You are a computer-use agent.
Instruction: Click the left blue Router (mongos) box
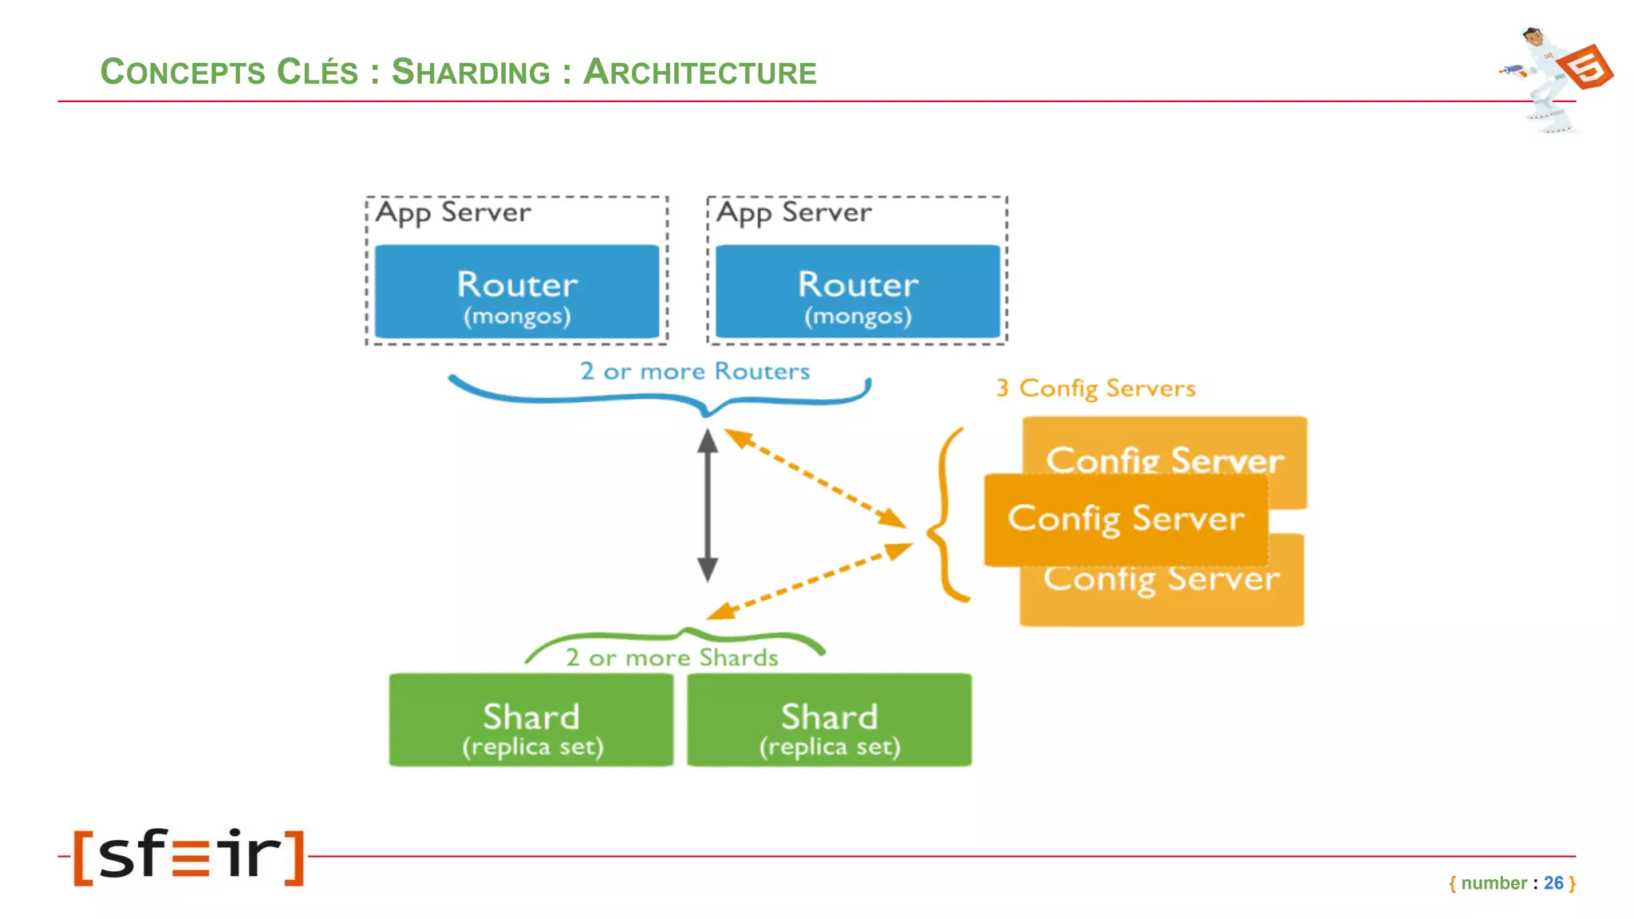click(x=517, y=292)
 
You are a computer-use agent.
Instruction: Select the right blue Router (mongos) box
click(x=858, y=292)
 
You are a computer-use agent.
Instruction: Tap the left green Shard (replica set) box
click(x=531, y=720)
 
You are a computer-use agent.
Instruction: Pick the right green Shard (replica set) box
click(x=829, y=720)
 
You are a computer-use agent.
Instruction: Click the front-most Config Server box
click(x=1126, y=519)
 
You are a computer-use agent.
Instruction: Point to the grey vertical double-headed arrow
click(x=708, y=505)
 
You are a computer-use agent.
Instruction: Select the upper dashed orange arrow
click(x=815, y=478)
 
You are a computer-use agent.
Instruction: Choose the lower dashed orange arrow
click(x=810, y=581)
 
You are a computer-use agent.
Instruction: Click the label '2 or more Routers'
click(x=694, y=371)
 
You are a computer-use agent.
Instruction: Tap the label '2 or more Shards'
click(x=672, y=657)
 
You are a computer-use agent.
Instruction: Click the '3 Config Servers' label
click(x=1095, y=389)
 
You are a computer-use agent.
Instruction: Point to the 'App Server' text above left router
click(x=452, y=212)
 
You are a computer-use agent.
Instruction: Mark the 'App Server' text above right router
click(x=794, y=212)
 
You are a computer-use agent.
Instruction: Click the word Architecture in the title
click(x=700, y=72)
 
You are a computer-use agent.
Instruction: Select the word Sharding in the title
click(x=471, y=72)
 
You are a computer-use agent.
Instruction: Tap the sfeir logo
click(x=189, y=857)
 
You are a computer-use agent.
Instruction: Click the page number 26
click(x=1553, y=883)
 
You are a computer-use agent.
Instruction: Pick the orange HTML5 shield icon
click(x=1585, y=67)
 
